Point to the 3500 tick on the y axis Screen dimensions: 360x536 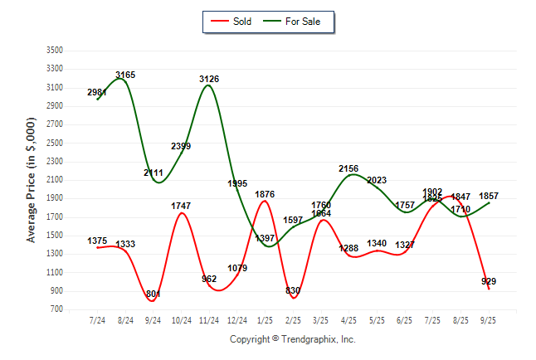(55, 51)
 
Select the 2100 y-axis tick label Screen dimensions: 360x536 (55, 180)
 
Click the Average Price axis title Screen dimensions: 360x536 (32, 179)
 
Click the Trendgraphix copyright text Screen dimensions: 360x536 (292, 339)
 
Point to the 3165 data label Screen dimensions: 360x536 (125, 75)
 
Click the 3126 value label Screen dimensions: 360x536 (209, 79)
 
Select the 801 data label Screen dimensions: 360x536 (153, 294)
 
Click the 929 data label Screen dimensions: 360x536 (489, 282)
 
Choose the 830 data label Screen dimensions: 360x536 (293, 290)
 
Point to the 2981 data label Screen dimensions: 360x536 (97, 92)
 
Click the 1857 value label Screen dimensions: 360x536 (489, 196)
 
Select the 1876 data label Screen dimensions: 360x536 (265, 195)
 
